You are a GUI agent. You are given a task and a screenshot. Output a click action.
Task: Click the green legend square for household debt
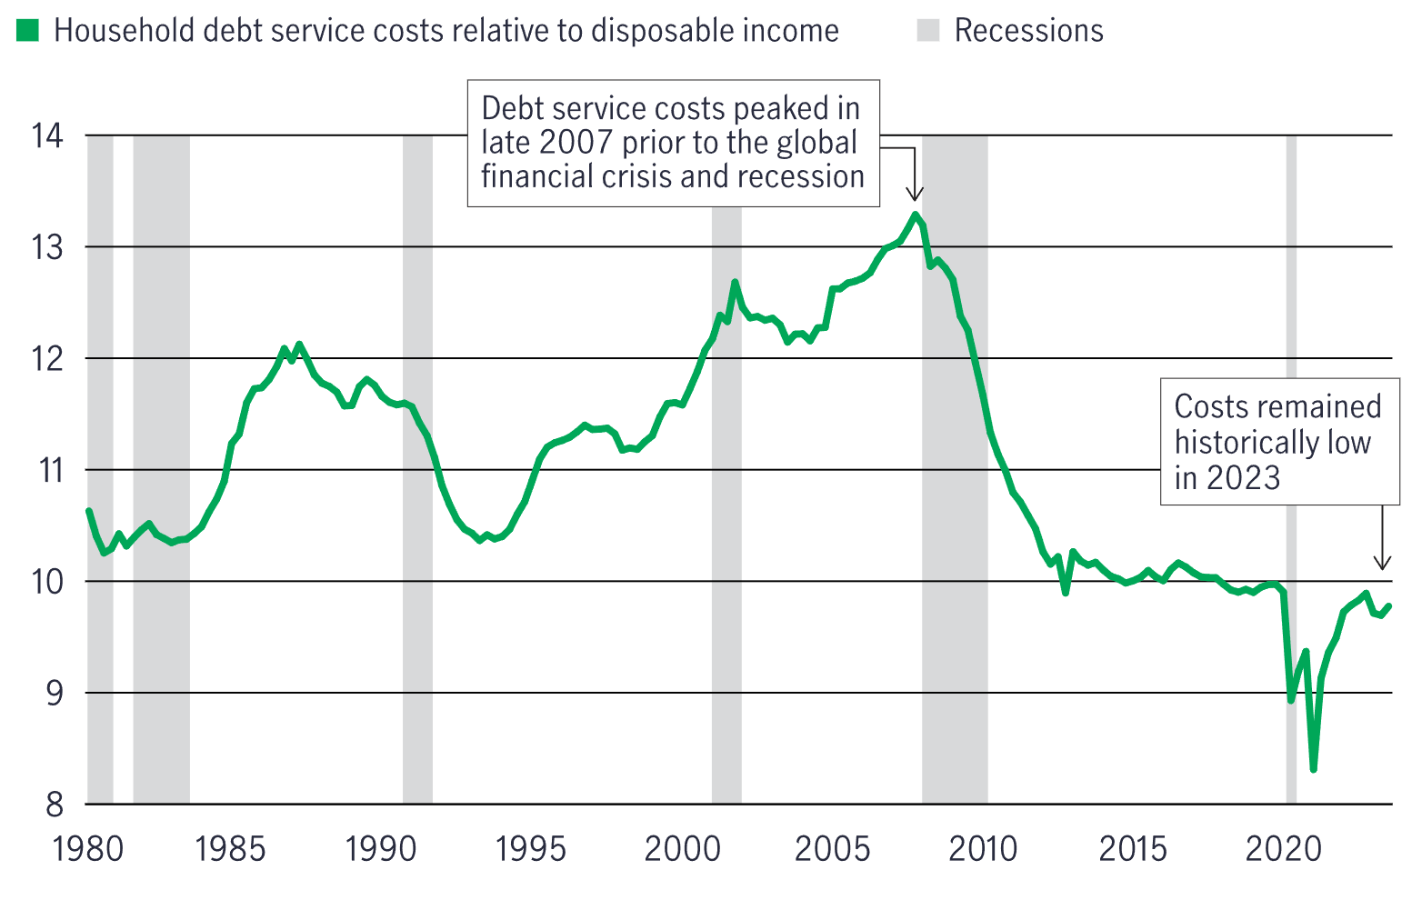point(28,31)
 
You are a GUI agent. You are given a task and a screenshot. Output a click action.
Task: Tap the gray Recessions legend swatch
point(927,31)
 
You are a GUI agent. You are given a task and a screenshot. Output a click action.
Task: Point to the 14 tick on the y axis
point(47,136)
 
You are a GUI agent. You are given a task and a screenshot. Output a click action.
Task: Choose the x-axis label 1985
point(230,849)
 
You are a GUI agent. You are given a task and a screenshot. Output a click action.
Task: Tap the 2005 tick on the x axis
point(832,849)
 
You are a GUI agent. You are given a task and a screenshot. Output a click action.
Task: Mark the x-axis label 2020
point(1282,849)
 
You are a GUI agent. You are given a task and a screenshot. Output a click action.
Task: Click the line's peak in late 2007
point(916,215)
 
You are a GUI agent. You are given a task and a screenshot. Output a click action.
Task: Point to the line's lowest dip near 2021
point(1313,769)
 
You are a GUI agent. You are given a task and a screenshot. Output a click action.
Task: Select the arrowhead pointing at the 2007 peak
point(916,195)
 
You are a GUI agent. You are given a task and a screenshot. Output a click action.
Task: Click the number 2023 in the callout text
point(1243,477)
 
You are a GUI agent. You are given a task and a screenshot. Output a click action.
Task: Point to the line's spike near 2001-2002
point(735,283)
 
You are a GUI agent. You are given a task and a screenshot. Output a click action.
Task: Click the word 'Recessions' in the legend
point(1028,31)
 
